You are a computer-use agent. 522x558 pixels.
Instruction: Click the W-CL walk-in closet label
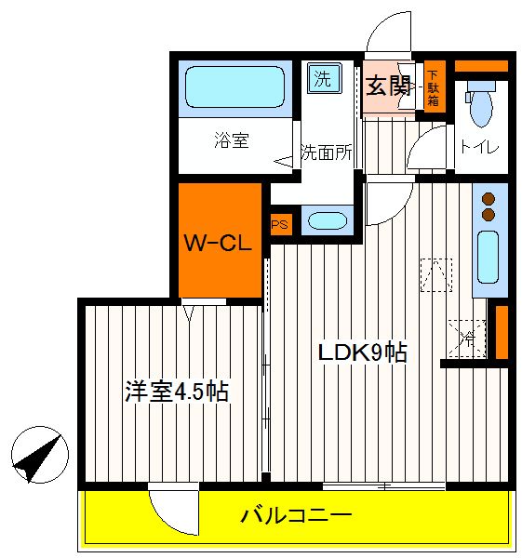pos(218,243)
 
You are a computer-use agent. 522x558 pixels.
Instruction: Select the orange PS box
pos(281,224)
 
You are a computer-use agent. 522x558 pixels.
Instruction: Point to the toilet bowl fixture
pos(481,103)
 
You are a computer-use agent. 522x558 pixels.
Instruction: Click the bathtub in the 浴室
pos(235,87)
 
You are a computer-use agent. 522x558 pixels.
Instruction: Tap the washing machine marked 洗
pos(324,79)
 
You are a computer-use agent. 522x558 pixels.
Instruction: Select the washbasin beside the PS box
pos(328,221)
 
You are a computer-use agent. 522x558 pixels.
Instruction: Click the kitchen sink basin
pos(488,258)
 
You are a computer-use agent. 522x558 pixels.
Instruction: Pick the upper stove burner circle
pos(489,199)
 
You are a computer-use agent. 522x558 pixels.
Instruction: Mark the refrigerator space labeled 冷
pos(467,339)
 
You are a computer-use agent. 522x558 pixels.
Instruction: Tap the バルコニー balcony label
pos(297,515)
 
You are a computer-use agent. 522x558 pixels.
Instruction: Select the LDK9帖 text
pos(363,352)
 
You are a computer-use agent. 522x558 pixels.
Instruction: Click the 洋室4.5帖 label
pos(177,392)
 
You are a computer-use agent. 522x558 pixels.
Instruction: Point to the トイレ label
pos(480,146)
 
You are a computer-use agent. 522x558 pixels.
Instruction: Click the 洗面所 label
pos(327,153)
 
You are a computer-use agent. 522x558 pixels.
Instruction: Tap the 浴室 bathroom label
pos(232,140)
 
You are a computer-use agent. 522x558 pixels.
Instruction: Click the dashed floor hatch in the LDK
pos(436,275)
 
